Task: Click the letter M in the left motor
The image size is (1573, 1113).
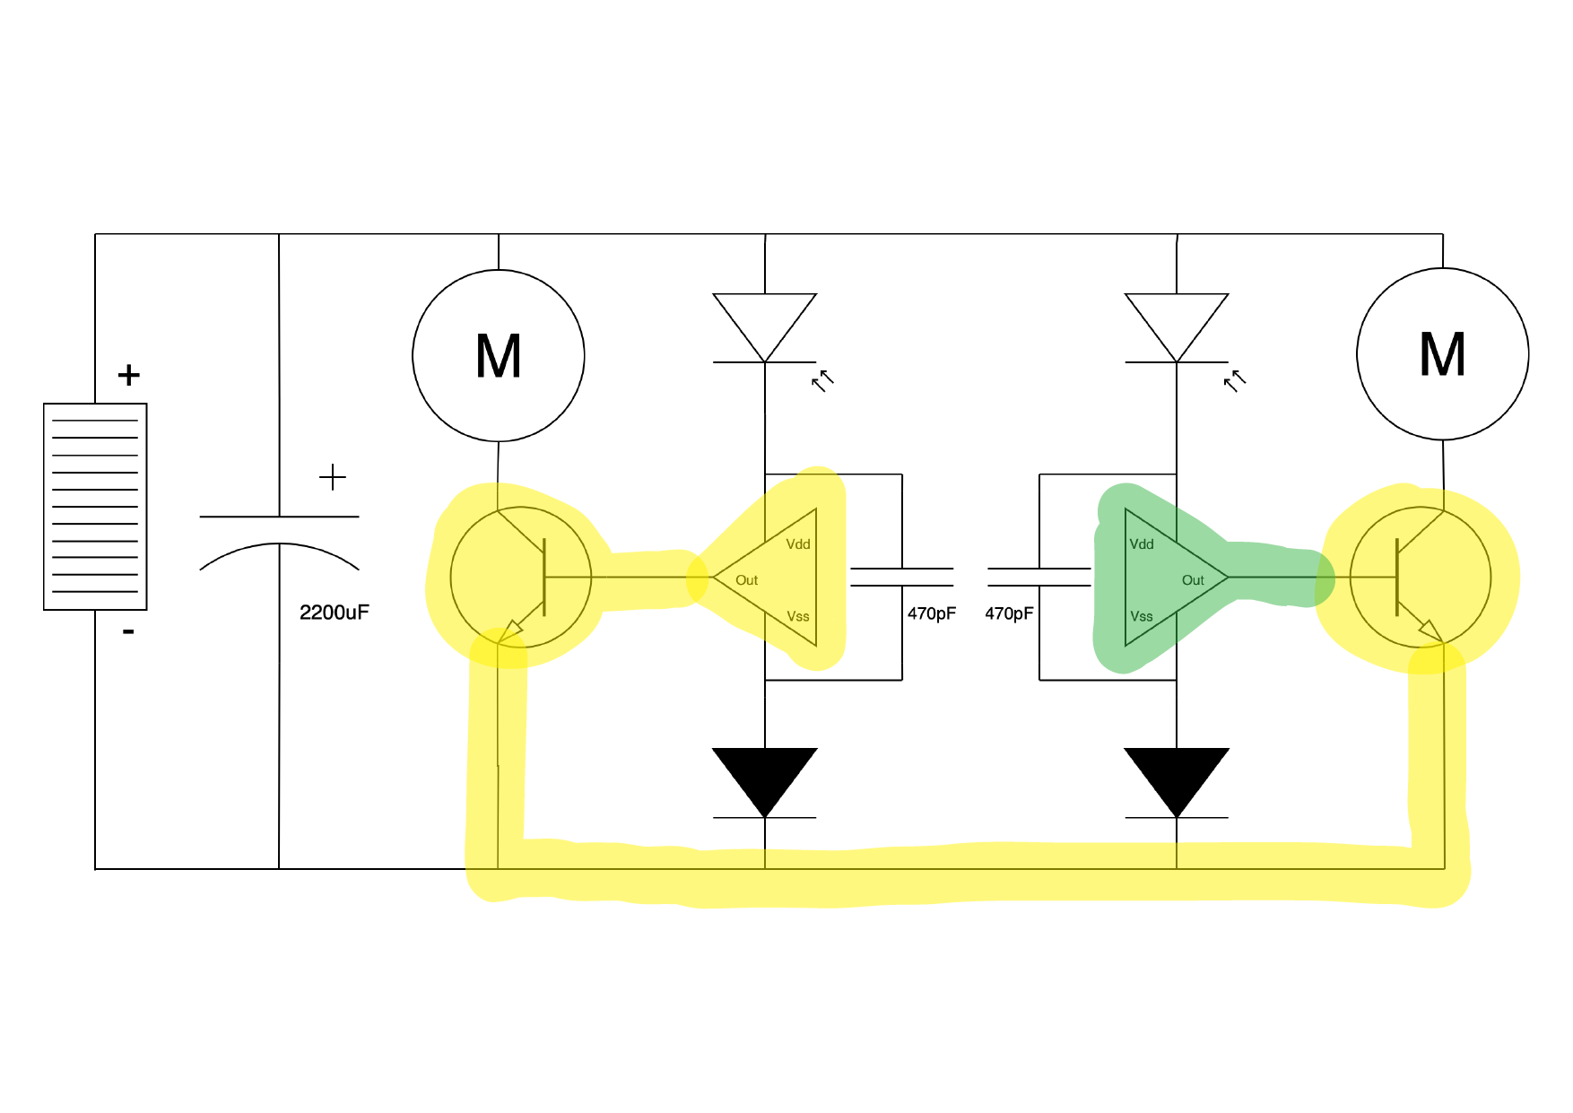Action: [498, 357]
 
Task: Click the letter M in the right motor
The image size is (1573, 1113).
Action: [1442, 354]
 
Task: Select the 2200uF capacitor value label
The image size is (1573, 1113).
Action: [334, 613]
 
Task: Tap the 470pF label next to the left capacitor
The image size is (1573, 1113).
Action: [931, 613]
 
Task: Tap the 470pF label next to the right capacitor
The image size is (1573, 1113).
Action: [1009, 613]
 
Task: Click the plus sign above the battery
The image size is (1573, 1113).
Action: [128, 375]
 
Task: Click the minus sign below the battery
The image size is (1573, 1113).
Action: [128, 632]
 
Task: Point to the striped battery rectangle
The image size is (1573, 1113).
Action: [95, 507]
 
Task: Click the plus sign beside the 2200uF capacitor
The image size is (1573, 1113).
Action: [332, 477]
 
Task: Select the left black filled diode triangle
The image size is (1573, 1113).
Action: [764, 776]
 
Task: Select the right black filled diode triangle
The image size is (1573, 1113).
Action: [1176, 776]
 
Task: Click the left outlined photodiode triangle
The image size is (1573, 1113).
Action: [764, 321]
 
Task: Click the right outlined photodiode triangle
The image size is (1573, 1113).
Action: [1176, 321]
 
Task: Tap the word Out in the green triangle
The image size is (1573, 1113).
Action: [1192, 580]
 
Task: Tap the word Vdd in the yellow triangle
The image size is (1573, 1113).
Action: [797, 544]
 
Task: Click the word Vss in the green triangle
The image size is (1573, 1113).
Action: [1141, 616]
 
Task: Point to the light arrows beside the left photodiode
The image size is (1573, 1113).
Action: [822, 381]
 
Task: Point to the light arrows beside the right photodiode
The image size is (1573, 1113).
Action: [1235, 381]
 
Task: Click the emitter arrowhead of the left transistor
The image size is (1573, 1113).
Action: [511, 630]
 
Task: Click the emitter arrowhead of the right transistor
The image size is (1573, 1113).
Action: [1430, 630]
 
